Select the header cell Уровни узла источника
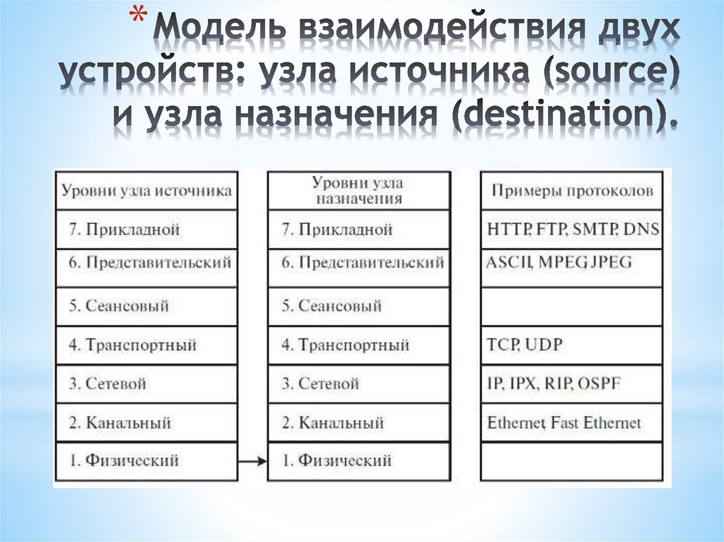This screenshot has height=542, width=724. (146, 191)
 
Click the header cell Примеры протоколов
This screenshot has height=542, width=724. (571, 191)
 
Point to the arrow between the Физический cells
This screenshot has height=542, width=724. (252, 461)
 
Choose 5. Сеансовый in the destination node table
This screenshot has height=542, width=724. (332, 306)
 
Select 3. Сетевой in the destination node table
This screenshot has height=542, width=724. (320, 384)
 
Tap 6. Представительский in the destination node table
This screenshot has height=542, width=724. (363, 262)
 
